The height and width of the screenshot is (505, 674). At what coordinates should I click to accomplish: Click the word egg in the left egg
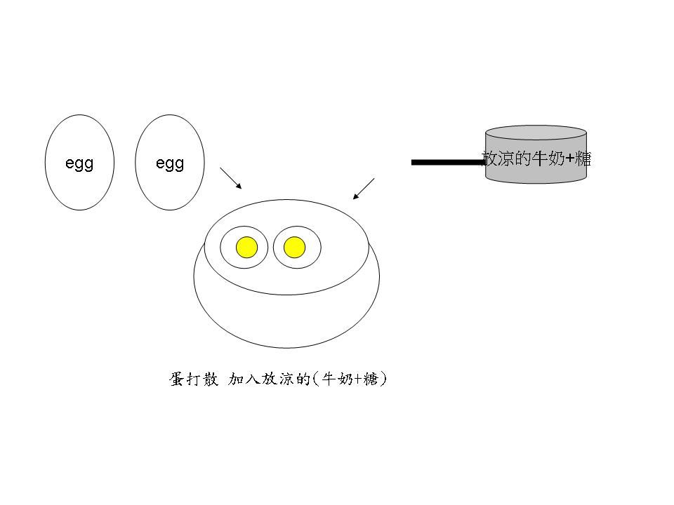click(x=79, y=163)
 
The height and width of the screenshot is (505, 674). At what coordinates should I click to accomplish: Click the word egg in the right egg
click(x=169, y=163)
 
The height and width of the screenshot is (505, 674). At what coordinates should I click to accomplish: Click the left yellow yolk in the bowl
click(x=246, y=248)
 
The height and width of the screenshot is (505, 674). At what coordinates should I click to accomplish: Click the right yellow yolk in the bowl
click(x=295, y=248)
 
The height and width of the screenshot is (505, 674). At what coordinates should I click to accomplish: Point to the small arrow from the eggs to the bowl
click(x=231, y=178)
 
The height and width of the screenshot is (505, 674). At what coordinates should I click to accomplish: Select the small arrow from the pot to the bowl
click(x=364, y=189)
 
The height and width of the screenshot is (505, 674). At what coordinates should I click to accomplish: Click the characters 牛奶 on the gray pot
click(x=548, y=159)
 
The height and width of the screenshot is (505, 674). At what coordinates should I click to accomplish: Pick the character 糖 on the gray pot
click(x=582, y=159)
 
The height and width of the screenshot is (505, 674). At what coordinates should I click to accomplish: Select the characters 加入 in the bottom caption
click(x=244, y=379)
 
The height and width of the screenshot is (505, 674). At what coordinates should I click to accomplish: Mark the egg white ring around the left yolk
click(x=229, y=248)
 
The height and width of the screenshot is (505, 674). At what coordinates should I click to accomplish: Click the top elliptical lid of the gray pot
click(x=536, y=132)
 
